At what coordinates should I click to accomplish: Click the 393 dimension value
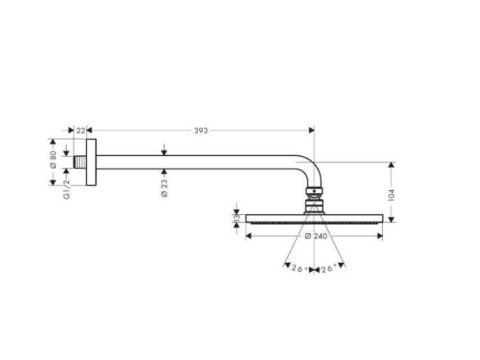201,130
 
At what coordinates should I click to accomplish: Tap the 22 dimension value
81,130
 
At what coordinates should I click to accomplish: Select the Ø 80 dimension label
53,159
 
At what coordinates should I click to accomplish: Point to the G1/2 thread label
67,189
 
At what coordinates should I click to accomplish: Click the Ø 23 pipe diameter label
164,188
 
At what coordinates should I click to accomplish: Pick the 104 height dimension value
391,195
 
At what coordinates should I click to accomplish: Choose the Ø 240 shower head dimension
316,236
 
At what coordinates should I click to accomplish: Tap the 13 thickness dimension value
236,219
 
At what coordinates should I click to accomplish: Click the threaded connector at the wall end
80,162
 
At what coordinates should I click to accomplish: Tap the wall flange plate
92,162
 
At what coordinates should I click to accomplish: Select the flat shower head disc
314,219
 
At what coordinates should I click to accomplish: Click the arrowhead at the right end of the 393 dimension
312,130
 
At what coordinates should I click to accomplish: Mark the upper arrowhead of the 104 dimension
391,165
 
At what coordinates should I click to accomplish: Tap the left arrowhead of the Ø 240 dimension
248,236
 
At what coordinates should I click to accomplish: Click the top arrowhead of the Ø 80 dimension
52,141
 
